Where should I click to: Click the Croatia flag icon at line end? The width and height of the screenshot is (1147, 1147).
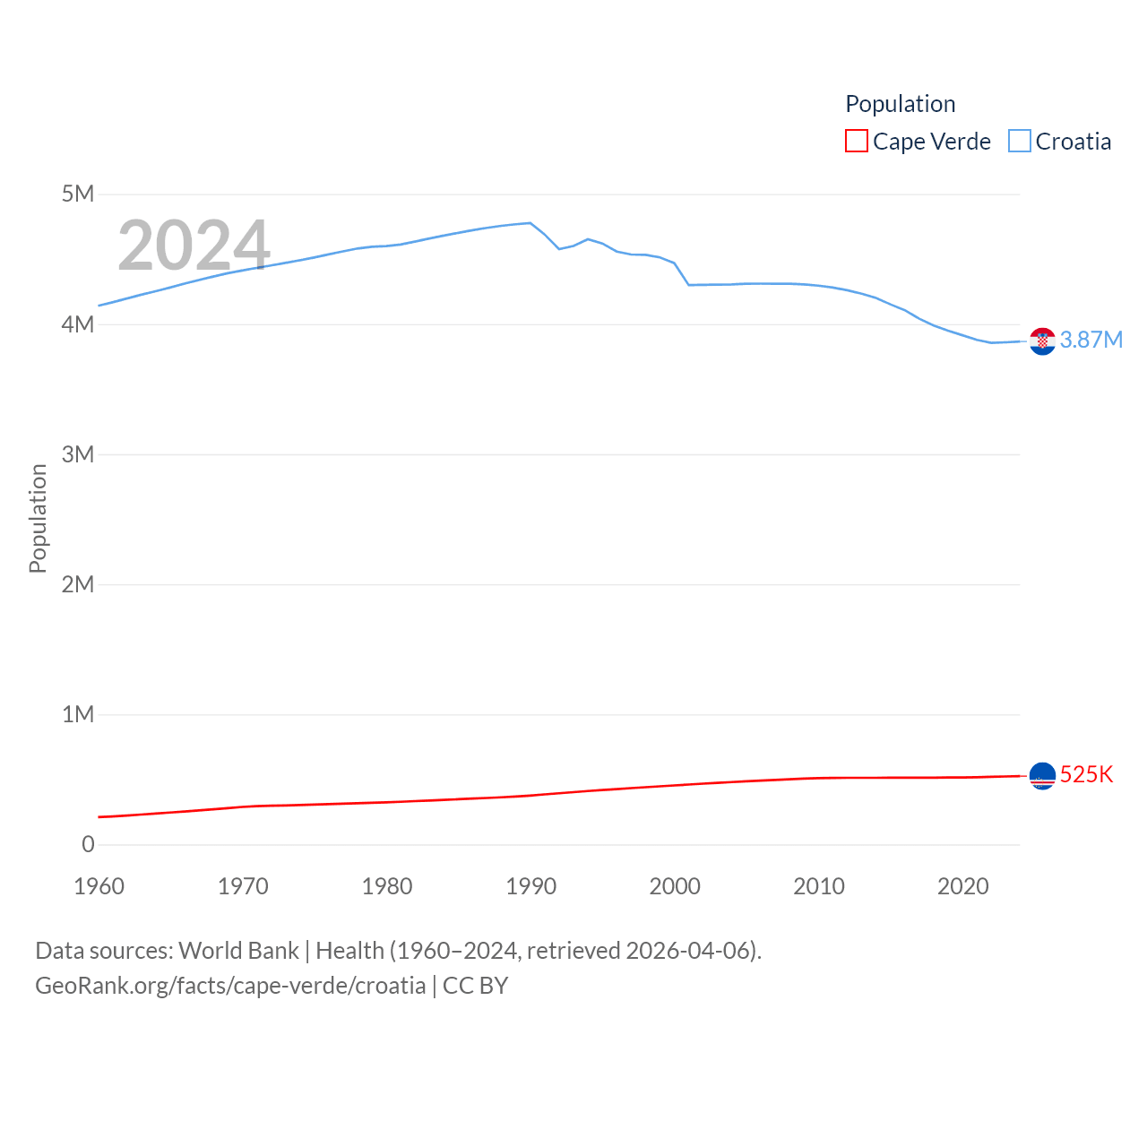click(x=1042, y=341)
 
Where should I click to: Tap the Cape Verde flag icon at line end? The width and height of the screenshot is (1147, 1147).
click(x=1042, y=775)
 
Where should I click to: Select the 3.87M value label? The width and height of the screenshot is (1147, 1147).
click(x=1091, y=340)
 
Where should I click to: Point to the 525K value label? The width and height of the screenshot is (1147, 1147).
click(x=1086, y=774)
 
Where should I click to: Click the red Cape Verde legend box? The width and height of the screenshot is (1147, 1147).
click(x=857, y=142)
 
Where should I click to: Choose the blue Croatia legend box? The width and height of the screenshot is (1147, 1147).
click(x=1020, y=142)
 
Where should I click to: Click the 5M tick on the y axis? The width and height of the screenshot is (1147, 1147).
click(x=78, y=194)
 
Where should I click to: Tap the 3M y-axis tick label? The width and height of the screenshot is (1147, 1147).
click(x=78, y=454)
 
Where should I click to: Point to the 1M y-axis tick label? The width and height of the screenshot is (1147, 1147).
click(x=78, y=714)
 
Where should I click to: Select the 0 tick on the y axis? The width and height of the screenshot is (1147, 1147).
click(x=88, y=844)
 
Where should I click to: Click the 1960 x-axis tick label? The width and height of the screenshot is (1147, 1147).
click(x=99, y=886)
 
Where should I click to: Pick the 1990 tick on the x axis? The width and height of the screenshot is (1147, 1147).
click(x=530, y=886)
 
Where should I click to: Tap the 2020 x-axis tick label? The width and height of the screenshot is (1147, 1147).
click(x=962, y=886)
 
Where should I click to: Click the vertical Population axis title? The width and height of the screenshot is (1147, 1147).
click(x=38, y=518)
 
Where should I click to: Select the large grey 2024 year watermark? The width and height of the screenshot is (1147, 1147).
click(x=194, y=246)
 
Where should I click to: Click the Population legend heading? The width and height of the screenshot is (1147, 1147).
click(x=901, y=104)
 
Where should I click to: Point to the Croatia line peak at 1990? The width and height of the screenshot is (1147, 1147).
click(x=530, y=223)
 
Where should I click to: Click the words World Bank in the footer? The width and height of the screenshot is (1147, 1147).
click(x=238, y=951)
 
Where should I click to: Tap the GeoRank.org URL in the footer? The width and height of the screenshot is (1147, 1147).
click(x=230, y=986)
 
